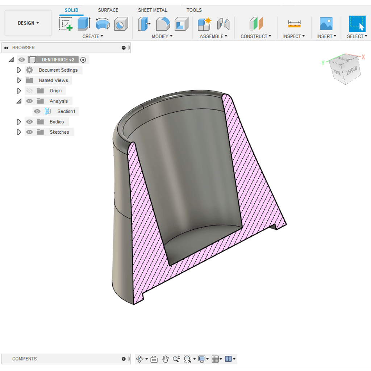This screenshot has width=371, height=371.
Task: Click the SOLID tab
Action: point(71,10)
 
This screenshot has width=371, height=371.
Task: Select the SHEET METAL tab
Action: point(153,10)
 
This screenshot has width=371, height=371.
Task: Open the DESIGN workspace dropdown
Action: point(28,23)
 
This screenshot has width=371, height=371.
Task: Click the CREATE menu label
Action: point(92,36)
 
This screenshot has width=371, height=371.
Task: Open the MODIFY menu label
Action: point(162,36)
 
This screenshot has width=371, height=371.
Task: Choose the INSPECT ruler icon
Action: point(294,24)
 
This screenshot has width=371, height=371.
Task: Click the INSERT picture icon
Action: point(326,24)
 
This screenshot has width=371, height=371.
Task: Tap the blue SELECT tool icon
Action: point(357,24)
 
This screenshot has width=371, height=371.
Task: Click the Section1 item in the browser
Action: point(66,112)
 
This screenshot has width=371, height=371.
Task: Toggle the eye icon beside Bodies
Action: point(29,122)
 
